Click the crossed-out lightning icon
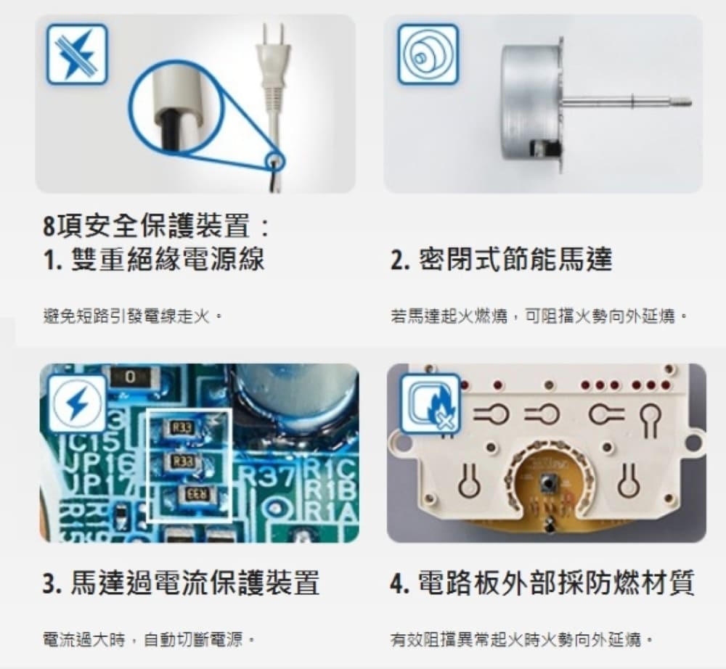(77, 54)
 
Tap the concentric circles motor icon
(428, 54)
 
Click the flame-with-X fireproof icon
(431, 404)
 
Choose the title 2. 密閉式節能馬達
(502, 258)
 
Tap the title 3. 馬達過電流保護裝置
(181, 583)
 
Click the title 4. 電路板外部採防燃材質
(542, 583)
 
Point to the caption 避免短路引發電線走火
(130, 317)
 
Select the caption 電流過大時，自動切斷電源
(147, 641)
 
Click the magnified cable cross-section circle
(176, 107)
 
